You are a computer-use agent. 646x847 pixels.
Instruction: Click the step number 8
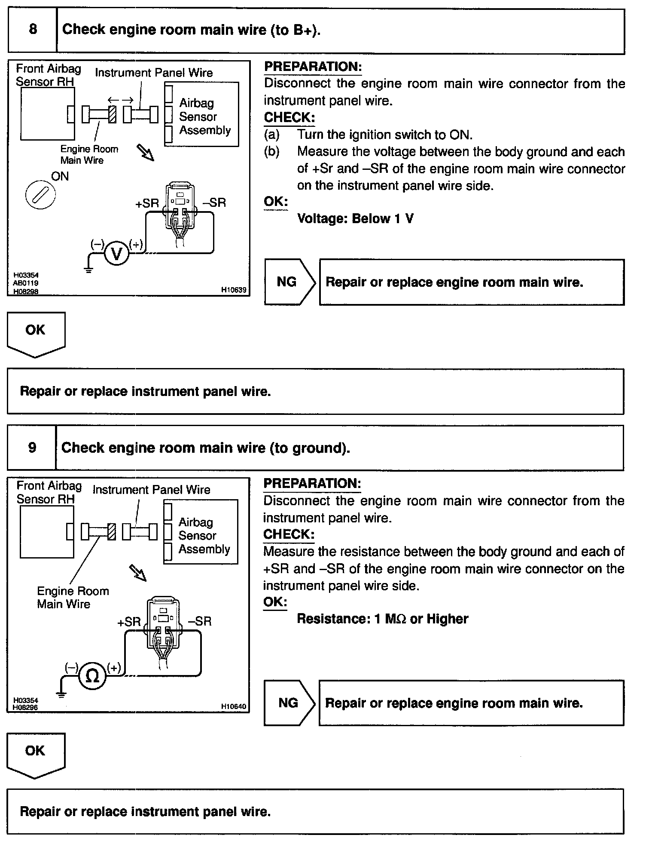33,30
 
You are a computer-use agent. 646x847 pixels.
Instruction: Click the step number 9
32,448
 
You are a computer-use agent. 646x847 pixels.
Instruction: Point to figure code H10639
234,290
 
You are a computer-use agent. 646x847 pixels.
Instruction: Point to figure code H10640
234,706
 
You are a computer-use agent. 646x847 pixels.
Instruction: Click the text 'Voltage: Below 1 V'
355,219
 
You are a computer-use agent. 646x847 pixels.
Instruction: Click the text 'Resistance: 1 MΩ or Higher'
382,619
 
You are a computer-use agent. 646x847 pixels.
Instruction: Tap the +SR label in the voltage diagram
147,203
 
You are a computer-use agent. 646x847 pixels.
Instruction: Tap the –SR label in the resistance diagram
200,621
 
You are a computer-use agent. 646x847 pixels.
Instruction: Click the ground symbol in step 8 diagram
89,270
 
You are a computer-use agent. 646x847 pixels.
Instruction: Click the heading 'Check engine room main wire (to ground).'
205,448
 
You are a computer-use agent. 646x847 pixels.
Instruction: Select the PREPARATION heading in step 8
313,67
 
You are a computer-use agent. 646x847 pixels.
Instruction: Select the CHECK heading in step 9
289,534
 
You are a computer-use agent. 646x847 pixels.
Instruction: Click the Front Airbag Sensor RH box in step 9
46,532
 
